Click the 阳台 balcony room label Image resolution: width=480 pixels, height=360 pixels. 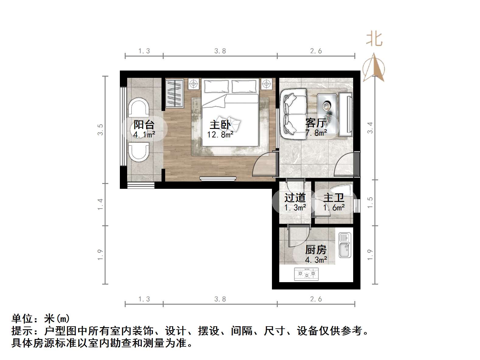point(144,125)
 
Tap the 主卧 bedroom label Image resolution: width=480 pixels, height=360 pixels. point(220,125)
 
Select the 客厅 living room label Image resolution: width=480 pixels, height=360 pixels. point(316,123)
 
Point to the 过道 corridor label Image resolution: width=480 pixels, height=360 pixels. point(295,198)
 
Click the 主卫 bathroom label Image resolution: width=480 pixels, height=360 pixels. point(334,198)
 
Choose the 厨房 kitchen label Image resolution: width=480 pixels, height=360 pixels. point(316,250)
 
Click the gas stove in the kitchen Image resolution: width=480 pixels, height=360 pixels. point(306,274)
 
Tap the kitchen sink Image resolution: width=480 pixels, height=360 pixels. point(345,245)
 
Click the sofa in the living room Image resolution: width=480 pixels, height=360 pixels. point(294,114)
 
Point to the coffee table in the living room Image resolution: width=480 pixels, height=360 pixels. point(327,114)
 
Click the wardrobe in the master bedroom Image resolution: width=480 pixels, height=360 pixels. point(174,93)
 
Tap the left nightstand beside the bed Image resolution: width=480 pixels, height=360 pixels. point(193,83)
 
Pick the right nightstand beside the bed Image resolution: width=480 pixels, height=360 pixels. point(266,83)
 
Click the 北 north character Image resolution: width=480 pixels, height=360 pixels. point(374,40)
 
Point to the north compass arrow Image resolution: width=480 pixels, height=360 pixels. point(374,67)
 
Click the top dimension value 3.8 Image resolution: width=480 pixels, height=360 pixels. point(220,51)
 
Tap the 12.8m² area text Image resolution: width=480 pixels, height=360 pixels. point(220,135)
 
